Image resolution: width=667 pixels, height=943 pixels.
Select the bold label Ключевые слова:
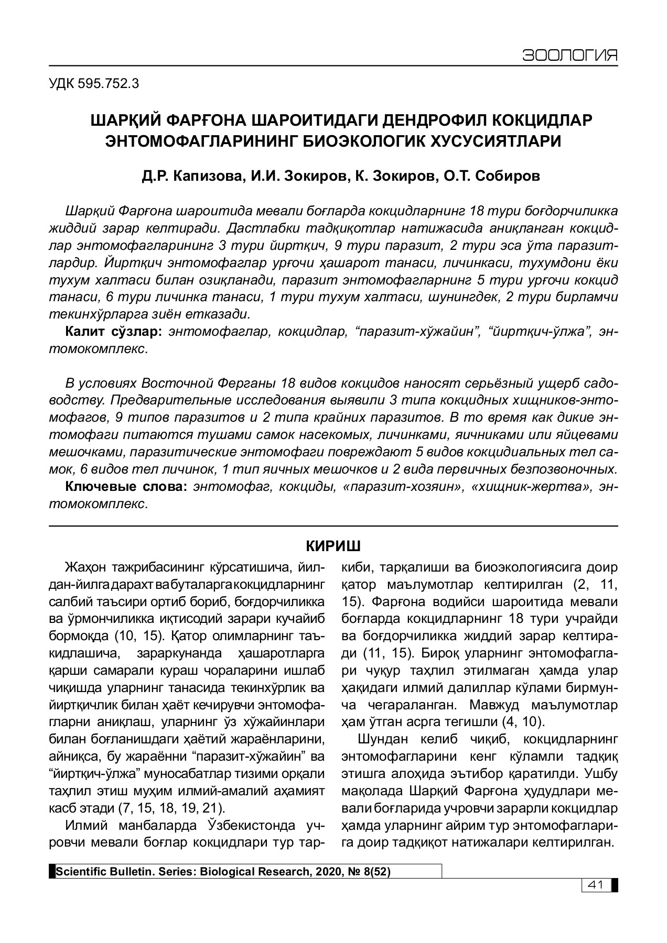(x=126, y=487)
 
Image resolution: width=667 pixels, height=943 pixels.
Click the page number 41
(x=595, y=885)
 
